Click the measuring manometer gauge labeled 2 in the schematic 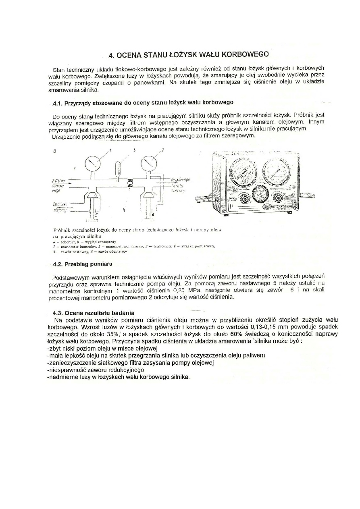(148, 164)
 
